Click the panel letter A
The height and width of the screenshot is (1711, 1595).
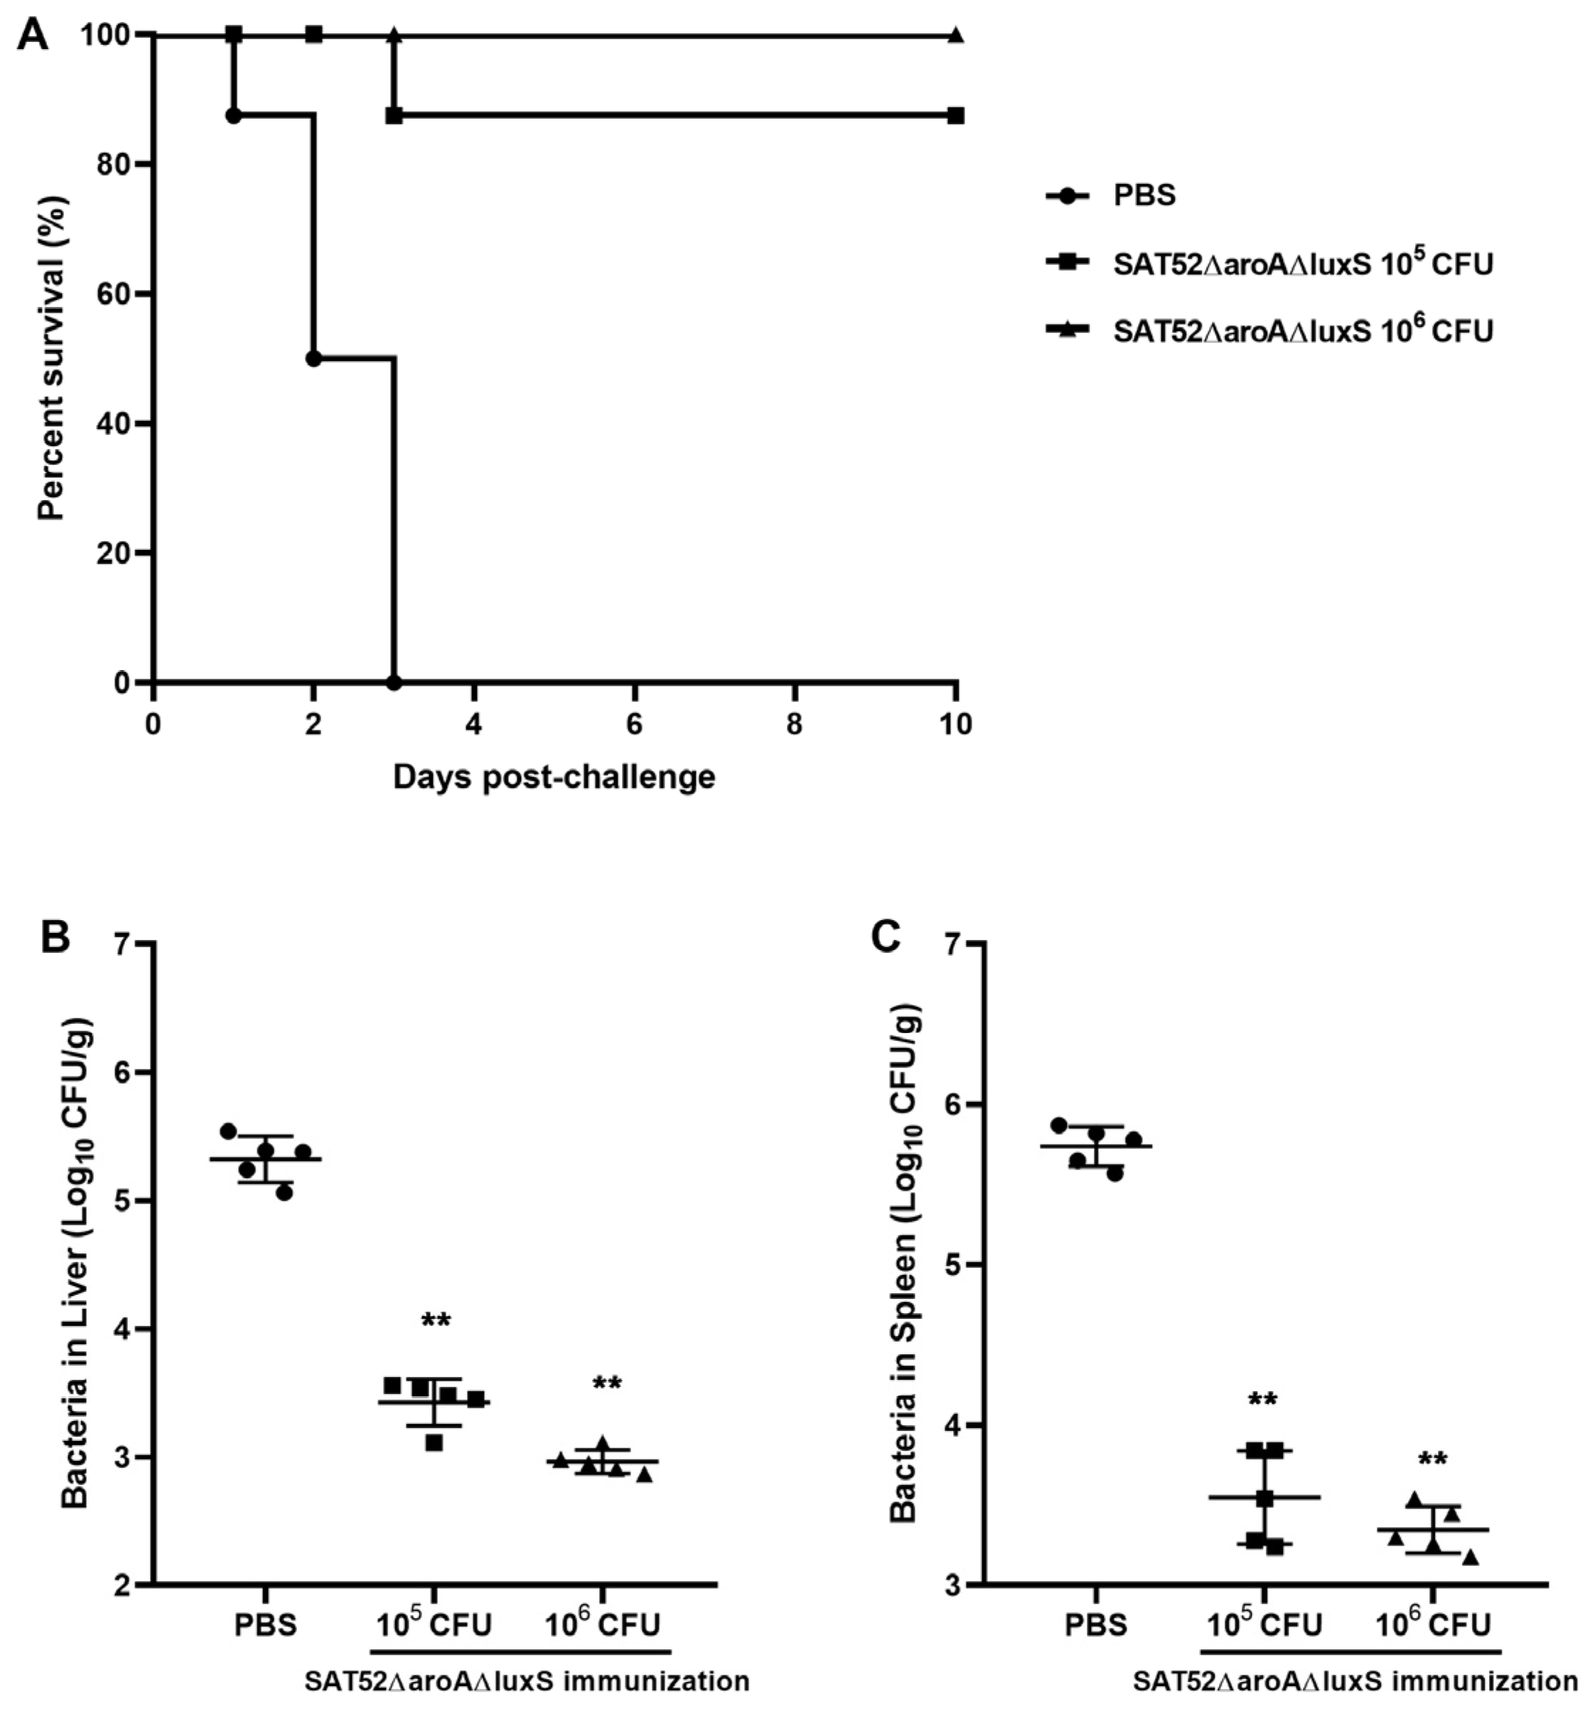click(x=33, y=36)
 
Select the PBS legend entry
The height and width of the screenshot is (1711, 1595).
click(x=1144, y=195)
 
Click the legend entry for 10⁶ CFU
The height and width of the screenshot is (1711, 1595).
click(x=1302, y=330)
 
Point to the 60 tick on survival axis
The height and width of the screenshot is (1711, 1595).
click(x=114, y=293)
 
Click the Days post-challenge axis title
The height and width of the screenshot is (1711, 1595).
click(x=554, y=777)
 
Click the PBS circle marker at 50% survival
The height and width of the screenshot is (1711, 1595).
click(x=313, y=358)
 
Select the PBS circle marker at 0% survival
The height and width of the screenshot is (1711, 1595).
click(x=394, y=683)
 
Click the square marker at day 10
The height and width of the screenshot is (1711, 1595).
click(x=955, y=115)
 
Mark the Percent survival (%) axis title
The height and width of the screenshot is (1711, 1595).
click(x=52, y=358)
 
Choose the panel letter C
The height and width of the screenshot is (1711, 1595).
click(x=886, y=938)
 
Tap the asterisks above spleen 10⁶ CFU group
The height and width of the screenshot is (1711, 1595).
click(x=1432, y=1461)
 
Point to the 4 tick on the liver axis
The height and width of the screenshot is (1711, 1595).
click(x=126, y=1329)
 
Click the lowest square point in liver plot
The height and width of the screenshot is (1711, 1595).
click(x=434, y=1442)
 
